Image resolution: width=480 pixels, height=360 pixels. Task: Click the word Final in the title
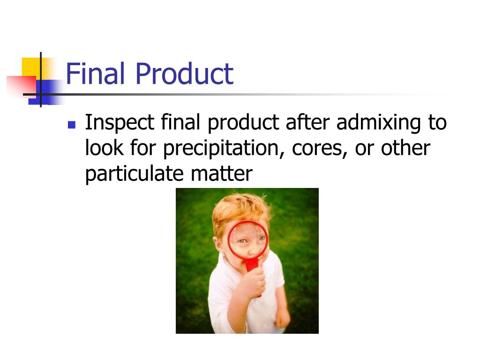tap(95, 74)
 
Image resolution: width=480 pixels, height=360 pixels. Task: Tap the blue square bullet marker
tap(72, 125)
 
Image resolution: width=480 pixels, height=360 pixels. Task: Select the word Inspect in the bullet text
tap(120, 123)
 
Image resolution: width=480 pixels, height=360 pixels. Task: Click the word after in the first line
tap(307, 123)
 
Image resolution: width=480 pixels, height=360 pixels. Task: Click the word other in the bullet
tap(405, 149)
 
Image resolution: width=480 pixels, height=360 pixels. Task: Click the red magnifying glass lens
tap(248, 240)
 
